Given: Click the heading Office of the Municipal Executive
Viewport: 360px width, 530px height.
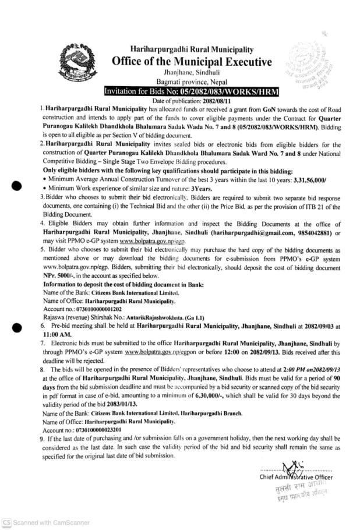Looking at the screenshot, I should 192,62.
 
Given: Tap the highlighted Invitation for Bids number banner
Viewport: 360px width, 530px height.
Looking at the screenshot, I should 191,92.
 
